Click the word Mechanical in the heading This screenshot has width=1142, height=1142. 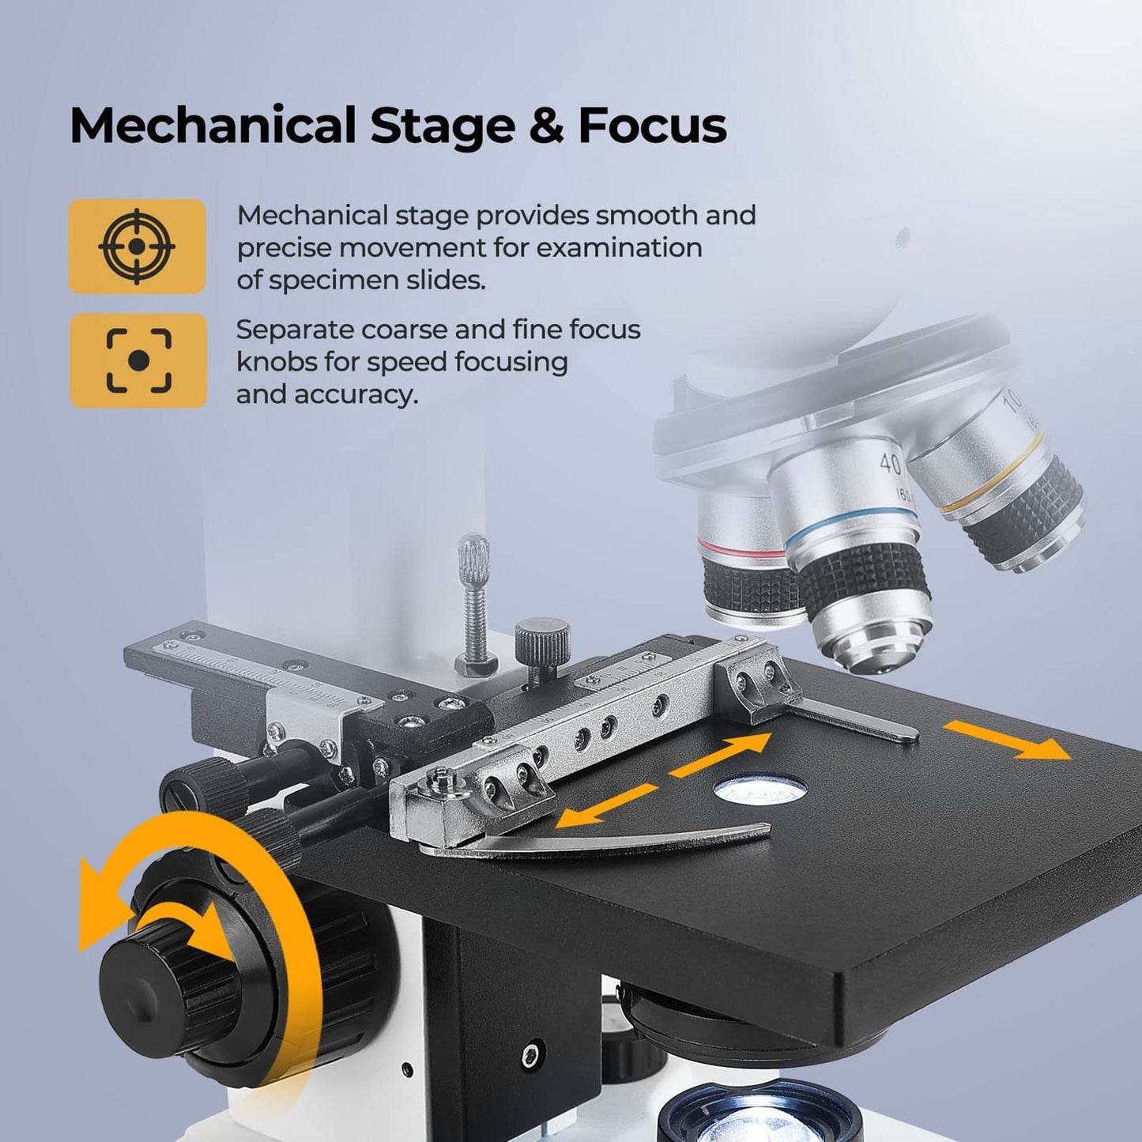pos(213,125)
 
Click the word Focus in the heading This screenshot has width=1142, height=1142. pos(653,125)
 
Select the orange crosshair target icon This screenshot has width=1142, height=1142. pos(137,246)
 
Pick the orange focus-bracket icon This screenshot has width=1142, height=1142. pos(138,360)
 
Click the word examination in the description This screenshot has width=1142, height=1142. pos(620,247)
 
